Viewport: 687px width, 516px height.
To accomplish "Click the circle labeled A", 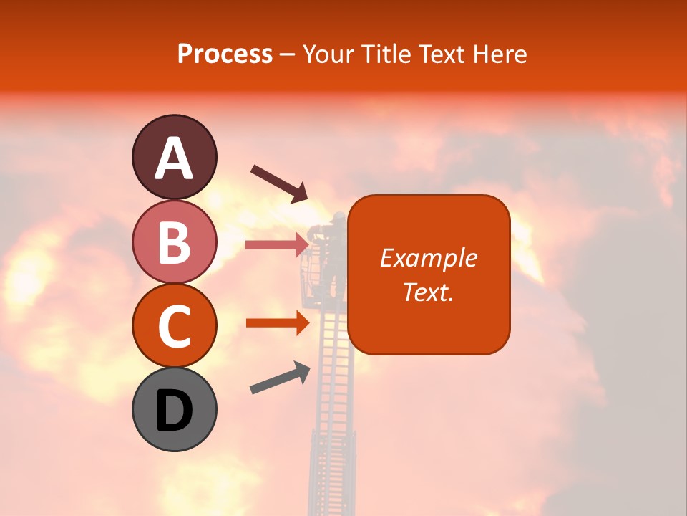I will point(174,157).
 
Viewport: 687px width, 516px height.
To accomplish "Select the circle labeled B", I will point(174,242).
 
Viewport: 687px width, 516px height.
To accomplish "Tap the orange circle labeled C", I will point(174,325).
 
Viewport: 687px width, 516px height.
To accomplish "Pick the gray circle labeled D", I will point(174,409).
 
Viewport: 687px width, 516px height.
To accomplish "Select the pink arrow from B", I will point(277,245).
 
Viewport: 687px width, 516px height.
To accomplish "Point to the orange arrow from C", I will point(277,323).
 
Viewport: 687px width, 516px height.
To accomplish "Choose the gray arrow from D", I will point(280,378).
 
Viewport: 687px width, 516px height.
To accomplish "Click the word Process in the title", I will point(225,54).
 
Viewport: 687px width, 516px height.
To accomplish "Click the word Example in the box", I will point(428,258).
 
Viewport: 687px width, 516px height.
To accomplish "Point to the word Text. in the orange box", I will point(428,292).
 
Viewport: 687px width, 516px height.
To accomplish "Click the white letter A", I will point(174,158).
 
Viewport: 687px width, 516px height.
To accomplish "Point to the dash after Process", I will point(288,54).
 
